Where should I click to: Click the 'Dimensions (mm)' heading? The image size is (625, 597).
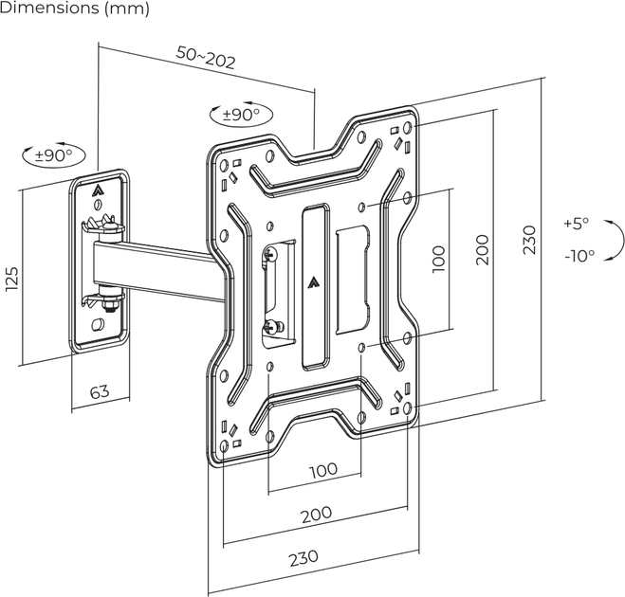click(75, 8)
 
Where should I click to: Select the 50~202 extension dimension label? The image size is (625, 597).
click(206, 58)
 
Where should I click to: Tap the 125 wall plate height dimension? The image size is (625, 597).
click(12, 279)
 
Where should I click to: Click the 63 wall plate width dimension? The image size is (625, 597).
click(100, 391)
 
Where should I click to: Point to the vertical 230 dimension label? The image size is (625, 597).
click(530, 240)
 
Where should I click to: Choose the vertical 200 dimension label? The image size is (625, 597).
click(482, 250)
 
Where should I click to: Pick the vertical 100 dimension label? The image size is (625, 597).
click(438, 260)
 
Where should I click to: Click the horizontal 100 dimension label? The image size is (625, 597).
click(323, 470)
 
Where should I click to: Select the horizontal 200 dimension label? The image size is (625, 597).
click(316, 515)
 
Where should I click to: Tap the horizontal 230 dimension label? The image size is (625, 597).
click(303, 557)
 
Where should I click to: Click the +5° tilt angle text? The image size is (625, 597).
click(577, 223)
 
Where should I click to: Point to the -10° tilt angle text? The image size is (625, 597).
click(579, 255)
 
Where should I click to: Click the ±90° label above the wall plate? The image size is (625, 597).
click(53, 154)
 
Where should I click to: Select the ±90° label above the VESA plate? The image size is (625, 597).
click(241, 115)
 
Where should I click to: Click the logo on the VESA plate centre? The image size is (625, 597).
click(315, 282)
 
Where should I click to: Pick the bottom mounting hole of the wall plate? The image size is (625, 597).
click(98, 325)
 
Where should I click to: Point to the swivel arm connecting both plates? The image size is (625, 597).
click(159, 271)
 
